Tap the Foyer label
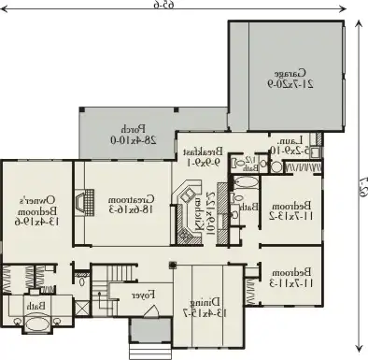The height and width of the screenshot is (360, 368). point(143,295)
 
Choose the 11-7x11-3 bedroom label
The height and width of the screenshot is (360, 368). point(290,278)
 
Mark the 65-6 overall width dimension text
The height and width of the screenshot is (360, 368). point(168,7)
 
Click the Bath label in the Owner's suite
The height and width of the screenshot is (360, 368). point(35,306)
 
